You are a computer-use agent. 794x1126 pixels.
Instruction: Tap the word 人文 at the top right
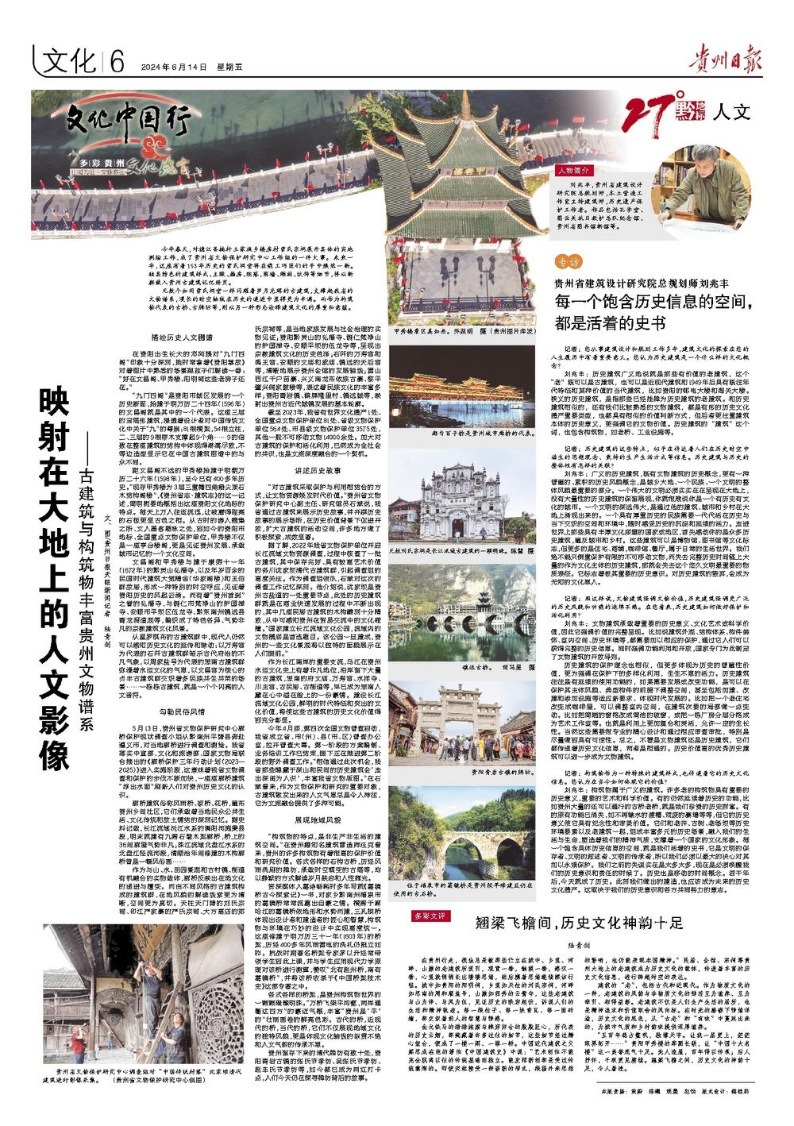point(733,111)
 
